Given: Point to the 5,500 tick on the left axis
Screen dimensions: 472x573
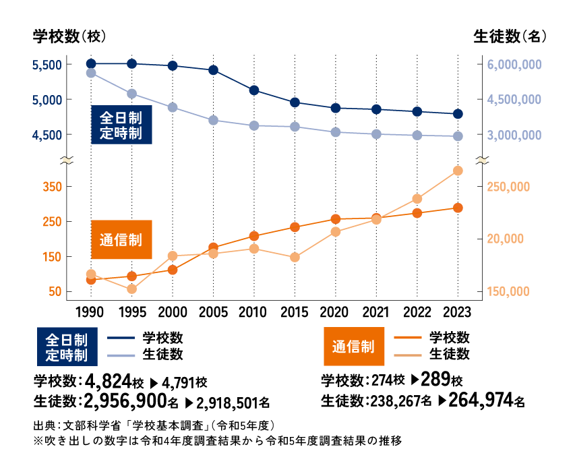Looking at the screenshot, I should point(47,65).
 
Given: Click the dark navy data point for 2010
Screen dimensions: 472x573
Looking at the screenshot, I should point(254,90).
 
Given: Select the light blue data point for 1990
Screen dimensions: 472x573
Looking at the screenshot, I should point(91,73).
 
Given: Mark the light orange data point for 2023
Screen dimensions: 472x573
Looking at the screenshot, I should point(458,171).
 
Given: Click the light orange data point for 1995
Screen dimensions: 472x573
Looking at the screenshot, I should point(132,289).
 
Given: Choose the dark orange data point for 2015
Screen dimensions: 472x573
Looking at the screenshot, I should point(295,227).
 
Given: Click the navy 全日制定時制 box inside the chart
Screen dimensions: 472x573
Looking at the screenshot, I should point(121,125).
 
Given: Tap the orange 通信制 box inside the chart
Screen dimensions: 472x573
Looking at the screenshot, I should point(121,239).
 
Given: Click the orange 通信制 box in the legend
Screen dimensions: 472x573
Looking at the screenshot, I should point(353,346).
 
